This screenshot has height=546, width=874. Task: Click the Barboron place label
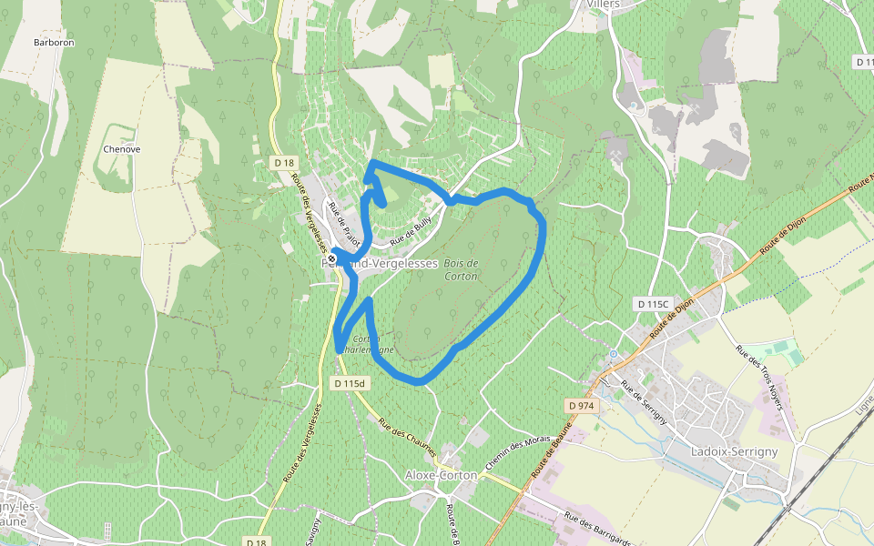coord(54,43)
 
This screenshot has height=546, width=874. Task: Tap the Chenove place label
coord(122,148)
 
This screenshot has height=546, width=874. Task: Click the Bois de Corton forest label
coord(461,269)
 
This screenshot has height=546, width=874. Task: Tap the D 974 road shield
coord(580,405)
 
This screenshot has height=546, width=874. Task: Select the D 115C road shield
coord(653,303)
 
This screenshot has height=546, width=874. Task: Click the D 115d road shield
coord(349,383)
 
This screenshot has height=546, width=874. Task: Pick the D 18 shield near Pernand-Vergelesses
coord(284,163)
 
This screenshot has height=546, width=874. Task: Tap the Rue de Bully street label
coord(409,232)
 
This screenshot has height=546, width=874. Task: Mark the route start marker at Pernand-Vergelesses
coord(331,259)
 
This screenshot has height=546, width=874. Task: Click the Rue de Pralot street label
coord(345,223)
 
